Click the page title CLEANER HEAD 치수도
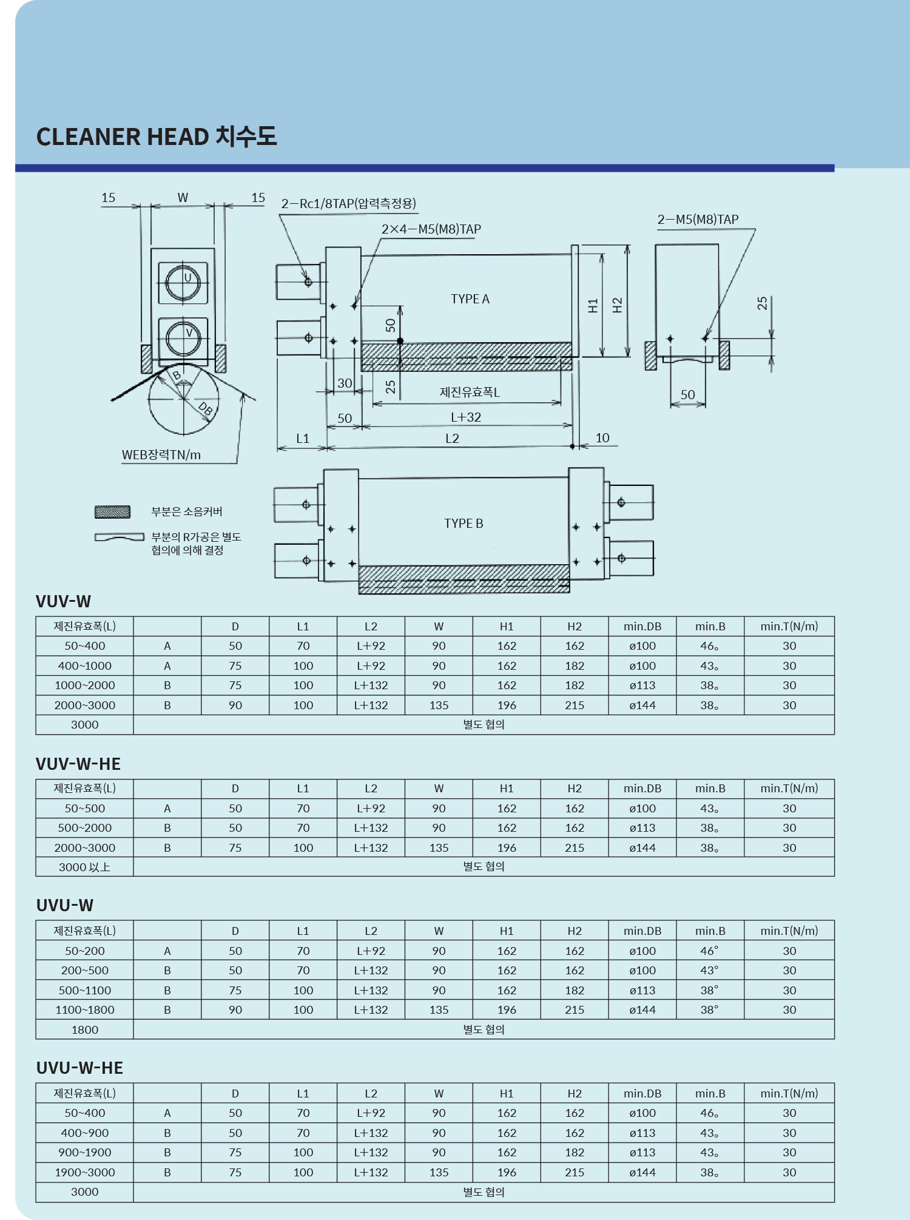[157, 136]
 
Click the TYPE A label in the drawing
[470, 299]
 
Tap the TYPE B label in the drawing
[463, 524]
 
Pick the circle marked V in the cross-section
[183, 338]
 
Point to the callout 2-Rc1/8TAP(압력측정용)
[348, 204]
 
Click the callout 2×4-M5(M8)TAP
[431, 229]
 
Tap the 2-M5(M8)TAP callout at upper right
[698, 220]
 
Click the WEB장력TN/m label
[161, 455]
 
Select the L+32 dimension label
[466, 417]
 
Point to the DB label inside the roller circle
[206, 409]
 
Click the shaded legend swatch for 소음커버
[112, 512]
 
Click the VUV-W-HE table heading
[78, 764]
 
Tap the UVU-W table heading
[65, 905]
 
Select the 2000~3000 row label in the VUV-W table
[85, 705]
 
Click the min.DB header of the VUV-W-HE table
[642, 789]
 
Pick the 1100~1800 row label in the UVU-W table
[85, 1009]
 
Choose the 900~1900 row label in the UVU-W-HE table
[85, 1152]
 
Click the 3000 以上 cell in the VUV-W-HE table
[85, 867]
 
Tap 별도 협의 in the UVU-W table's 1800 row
[484, 1030]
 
